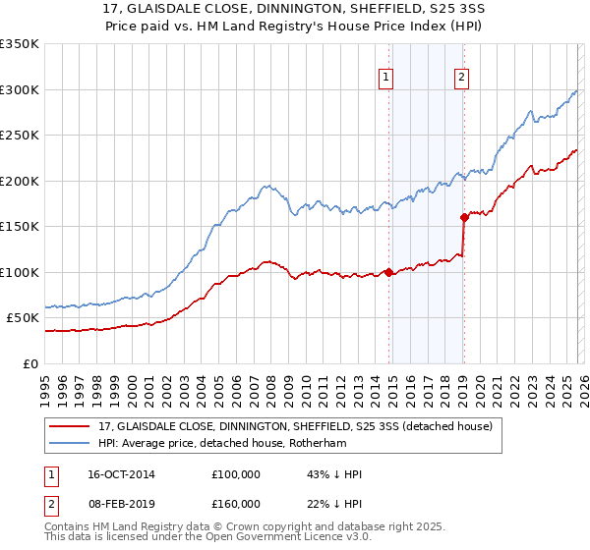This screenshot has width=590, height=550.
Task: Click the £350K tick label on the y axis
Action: pyautogui.click(x=20, y=44)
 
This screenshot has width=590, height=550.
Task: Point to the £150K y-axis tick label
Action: pyautogui.click(x=20, y=227)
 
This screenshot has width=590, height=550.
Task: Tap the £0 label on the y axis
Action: pyautogui.click(x=30, y=363)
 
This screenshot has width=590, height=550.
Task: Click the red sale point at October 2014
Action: pyautogui.click(x=388, y=272)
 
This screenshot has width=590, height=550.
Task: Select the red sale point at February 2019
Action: pyautogui.click(x=463, y=218)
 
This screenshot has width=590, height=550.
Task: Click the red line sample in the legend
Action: pyautogui.click(x=69, y=426)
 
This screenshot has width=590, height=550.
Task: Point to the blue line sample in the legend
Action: pyautogui.click(x=69, y=442)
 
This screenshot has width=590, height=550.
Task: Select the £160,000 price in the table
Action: pyautogui.click(x=236, y=503)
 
